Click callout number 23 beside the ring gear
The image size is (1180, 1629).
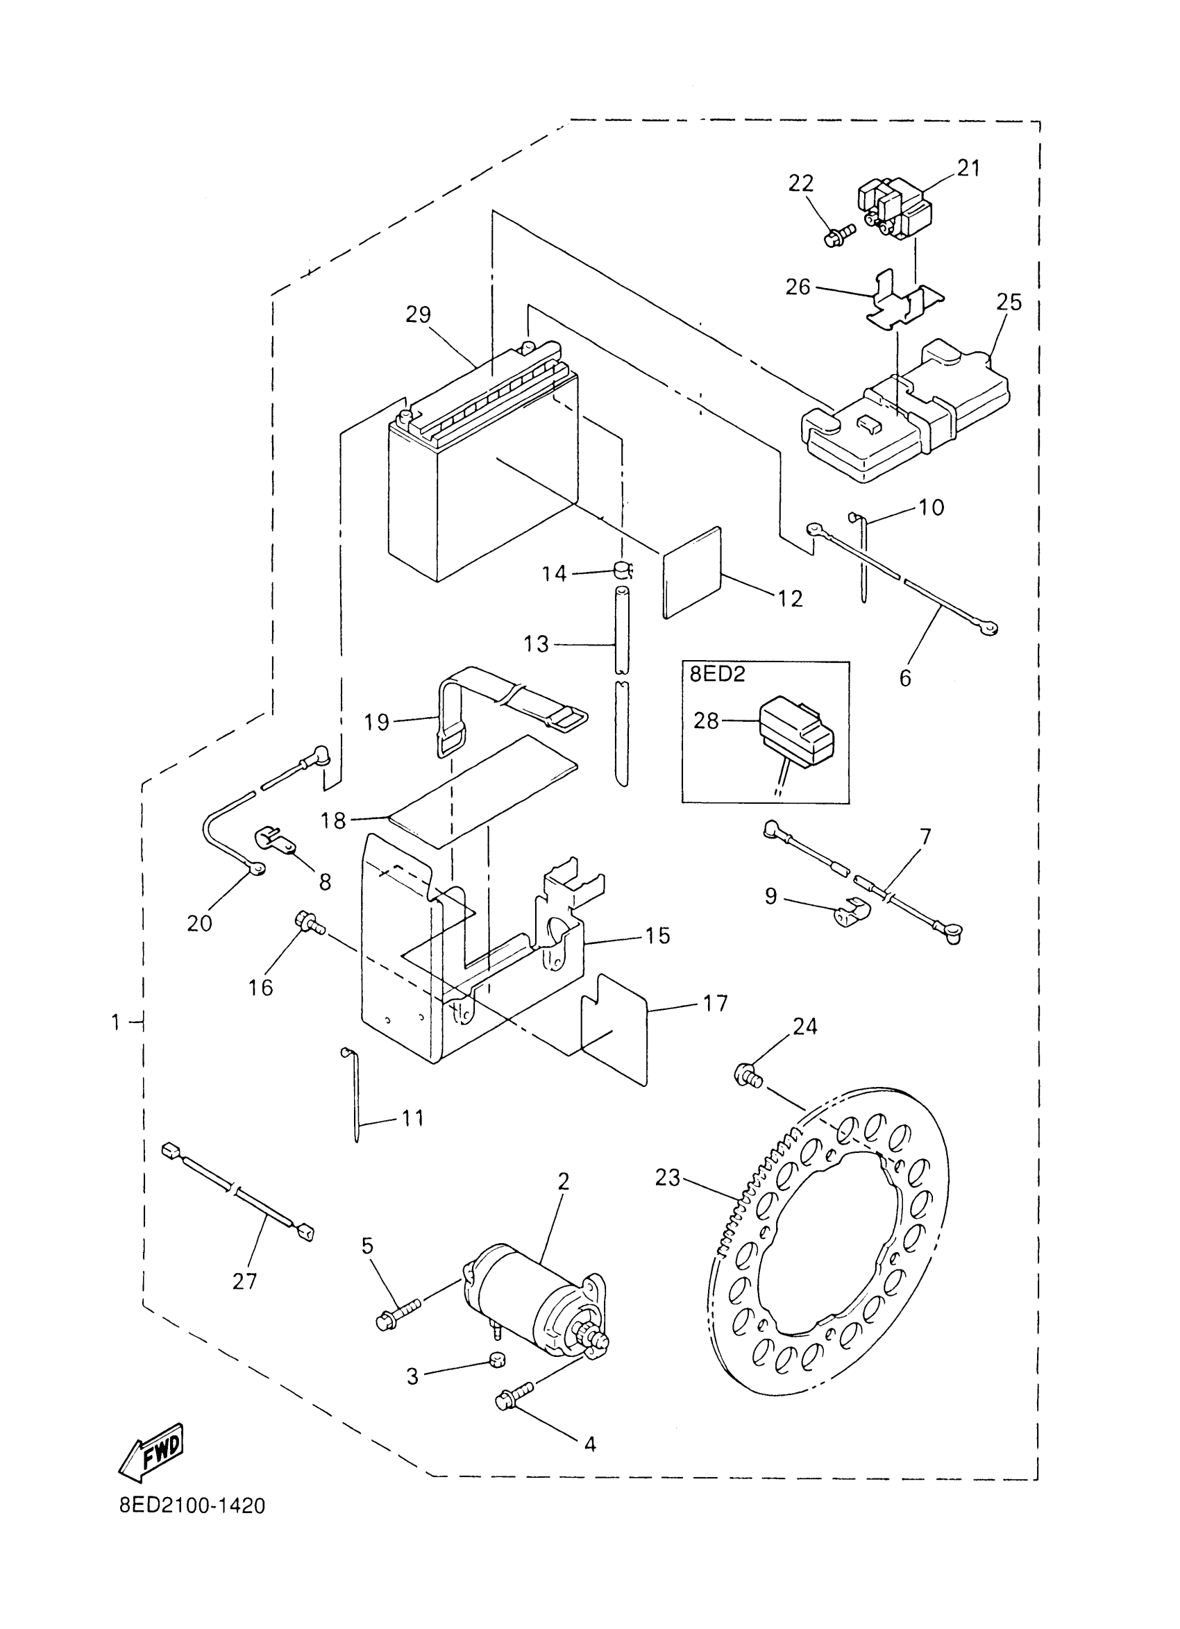667,1177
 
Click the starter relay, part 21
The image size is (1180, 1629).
894,208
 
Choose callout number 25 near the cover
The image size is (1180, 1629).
1009,303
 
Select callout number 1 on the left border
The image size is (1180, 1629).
116,1022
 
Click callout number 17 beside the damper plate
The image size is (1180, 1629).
716,1003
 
